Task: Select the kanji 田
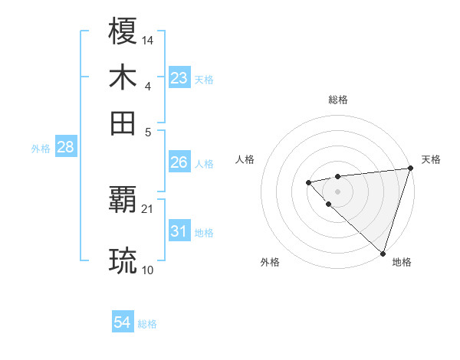pos(123,122)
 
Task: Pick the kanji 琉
pos(123,260)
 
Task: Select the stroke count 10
pos(148,270)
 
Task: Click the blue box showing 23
pos(179,78)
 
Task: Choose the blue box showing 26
pos(179,162)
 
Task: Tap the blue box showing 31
pos(179,231)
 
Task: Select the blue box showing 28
pos(65,148)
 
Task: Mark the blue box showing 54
pos(123,323)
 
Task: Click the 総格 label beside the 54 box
pos(147,324)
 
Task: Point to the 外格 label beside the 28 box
pos(41,149)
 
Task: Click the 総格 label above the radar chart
pos(338,100)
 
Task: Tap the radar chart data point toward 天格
pos(411,169)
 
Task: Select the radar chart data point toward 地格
pos(383,252)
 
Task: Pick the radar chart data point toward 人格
pos(308,182)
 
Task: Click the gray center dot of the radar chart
pos(337,191)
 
